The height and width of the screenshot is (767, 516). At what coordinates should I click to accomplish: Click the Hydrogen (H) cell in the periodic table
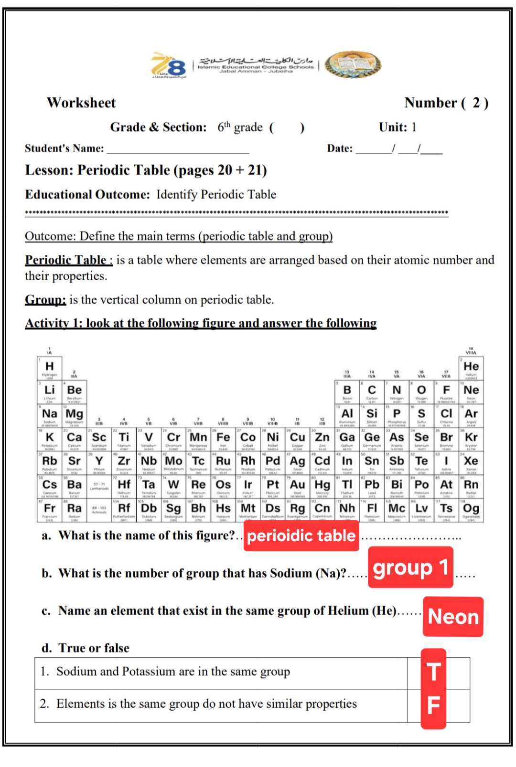point(49,368)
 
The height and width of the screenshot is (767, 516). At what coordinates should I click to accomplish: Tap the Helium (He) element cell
point(471,368)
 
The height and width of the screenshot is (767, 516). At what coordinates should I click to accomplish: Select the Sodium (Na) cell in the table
point(49,415)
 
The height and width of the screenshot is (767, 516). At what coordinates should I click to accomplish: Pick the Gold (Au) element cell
point(297,486)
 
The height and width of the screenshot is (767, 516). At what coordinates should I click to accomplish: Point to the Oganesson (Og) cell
point(471,510)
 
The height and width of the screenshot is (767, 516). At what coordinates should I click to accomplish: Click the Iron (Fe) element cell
point(223,439)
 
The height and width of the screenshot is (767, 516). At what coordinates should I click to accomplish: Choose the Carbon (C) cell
point(372,392)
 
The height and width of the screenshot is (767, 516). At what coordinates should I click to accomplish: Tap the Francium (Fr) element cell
point(49,510)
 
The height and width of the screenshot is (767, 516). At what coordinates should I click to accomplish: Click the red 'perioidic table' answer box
point(301,536)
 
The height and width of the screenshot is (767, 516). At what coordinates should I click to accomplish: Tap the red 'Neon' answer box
point(453,616)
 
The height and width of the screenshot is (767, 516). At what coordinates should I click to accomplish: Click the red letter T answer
point(433,672)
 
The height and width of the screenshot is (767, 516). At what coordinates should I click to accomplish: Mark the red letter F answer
point(433,705)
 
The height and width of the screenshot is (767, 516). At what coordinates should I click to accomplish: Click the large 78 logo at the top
point(168,65)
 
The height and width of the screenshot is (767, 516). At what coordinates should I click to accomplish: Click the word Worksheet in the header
point(81,103)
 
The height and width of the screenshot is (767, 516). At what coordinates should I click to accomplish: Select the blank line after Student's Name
point(178,149)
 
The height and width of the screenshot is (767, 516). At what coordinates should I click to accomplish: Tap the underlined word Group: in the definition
point(45,300)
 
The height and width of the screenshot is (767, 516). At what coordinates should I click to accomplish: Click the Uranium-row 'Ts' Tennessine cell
point(446,510)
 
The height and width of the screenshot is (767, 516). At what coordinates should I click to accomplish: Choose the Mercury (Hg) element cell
point(322,486)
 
